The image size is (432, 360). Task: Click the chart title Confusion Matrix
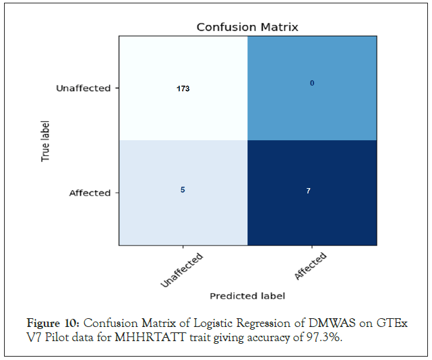247,27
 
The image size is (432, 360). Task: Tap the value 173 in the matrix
182,88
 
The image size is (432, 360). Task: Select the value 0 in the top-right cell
312,83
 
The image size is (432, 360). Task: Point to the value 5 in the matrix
182,189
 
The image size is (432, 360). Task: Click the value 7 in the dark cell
308,191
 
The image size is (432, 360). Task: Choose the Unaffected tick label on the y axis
83,88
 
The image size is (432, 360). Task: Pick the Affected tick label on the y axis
90,193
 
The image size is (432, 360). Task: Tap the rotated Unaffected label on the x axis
181,270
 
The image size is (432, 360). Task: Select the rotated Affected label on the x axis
310,266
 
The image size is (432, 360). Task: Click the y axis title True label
46,140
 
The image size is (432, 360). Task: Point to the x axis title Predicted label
247,296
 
